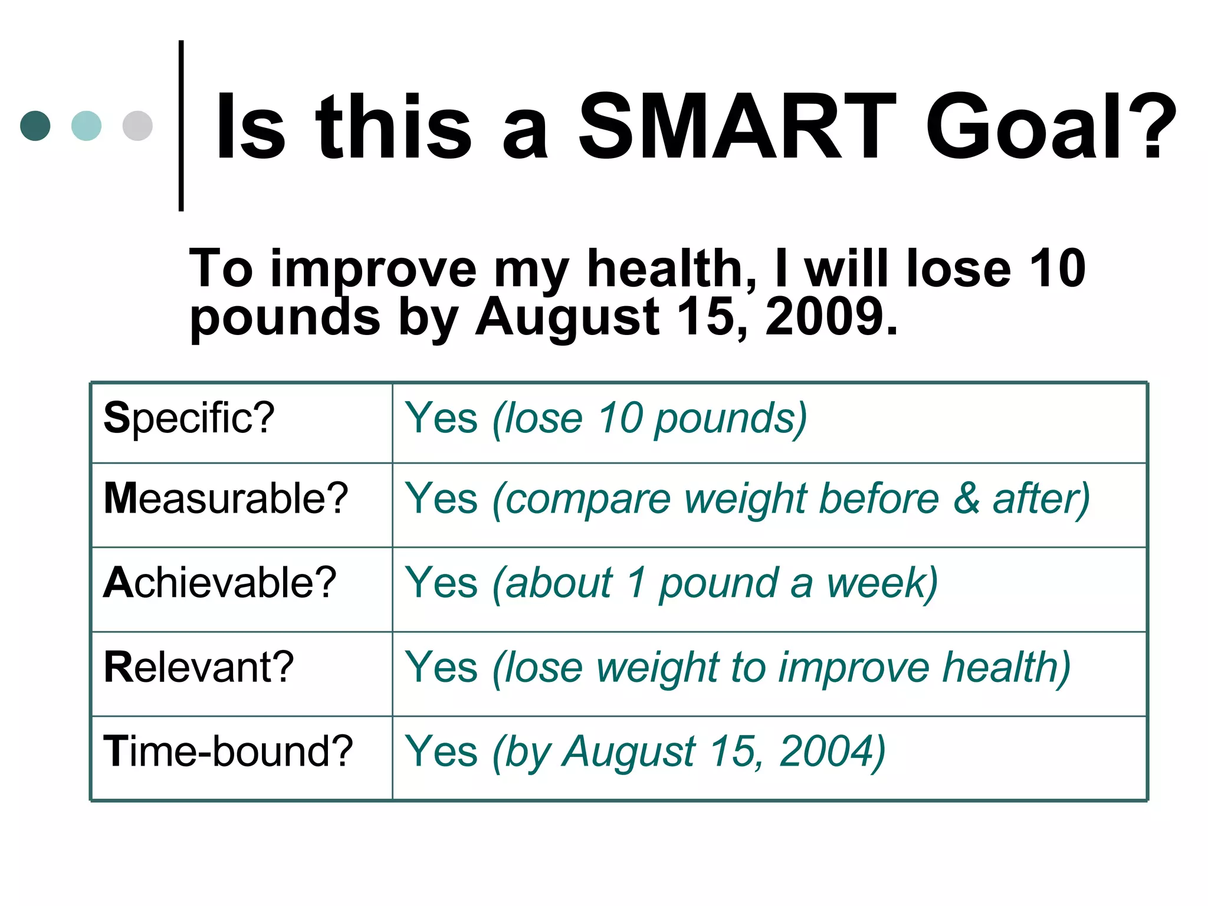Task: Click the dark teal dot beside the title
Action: tap(35, 126)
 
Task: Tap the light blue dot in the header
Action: tap(86, 126)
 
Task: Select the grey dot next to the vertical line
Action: tap(137, 126)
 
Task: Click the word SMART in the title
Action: tap(737, 127)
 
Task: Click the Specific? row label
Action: tap(189, 418)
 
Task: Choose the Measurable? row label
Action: tap(225, 499)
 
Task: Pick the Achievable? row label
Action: tap(219, 583)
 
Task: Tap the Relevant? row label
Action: tap(198, 667)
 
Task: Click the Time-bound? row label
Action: tap(228, 751)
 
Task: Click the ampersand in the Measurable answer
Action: tap(966, 499)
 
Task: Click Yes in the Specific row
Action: tap(441, 418)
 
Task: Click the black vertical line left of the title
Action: tap(181, 126)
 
